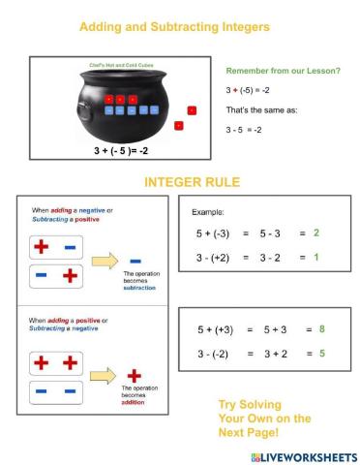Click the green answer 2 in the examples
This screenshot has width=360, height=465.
coord(316,233)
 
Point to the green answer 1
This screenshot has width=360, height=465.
coord(316,257)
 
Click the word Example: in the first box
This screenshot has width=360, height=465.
coord(210,210)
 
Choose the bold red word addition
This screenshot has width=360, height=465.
coord(136,403)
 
